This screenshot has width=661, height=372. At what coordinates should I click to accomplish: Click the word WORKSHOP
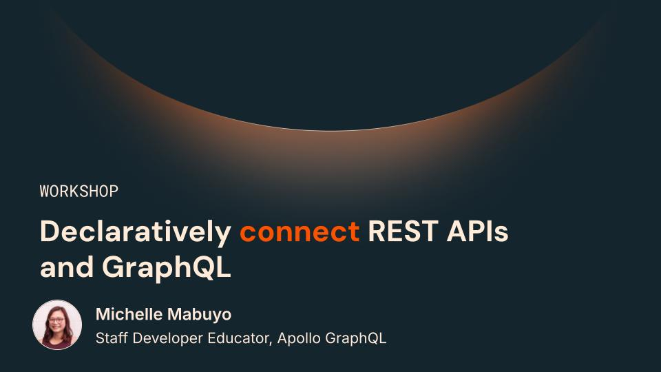click(x=78, y=191)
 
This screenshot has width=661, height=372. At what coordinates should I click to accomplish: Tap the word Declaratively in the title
click(x=136, y=232)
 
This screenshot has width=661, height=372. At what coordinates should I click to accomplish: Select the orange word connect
click(x=300, y=232)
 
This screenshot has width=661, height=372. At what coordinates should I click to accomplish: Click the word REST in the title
click(x=403, y=231)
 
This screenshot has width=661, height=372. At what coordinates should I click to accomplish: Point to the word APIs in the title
click(x=477, y=231)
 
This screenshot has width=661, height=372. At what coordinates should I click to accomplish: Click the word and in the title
click(x=67, y=267)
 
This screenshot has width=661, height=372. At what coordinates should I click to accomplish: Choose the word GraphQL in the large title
click(x=167, y=268)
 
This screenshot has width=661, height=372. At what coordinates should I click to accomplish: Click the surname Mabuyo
click(x=200, y=315)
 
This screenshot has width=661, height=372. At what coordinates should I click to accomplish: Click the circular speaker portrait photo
click(x=57, y=324)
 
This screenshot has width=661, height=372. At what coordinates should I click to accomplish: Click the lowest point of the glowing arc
click(x=330, y=130)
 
